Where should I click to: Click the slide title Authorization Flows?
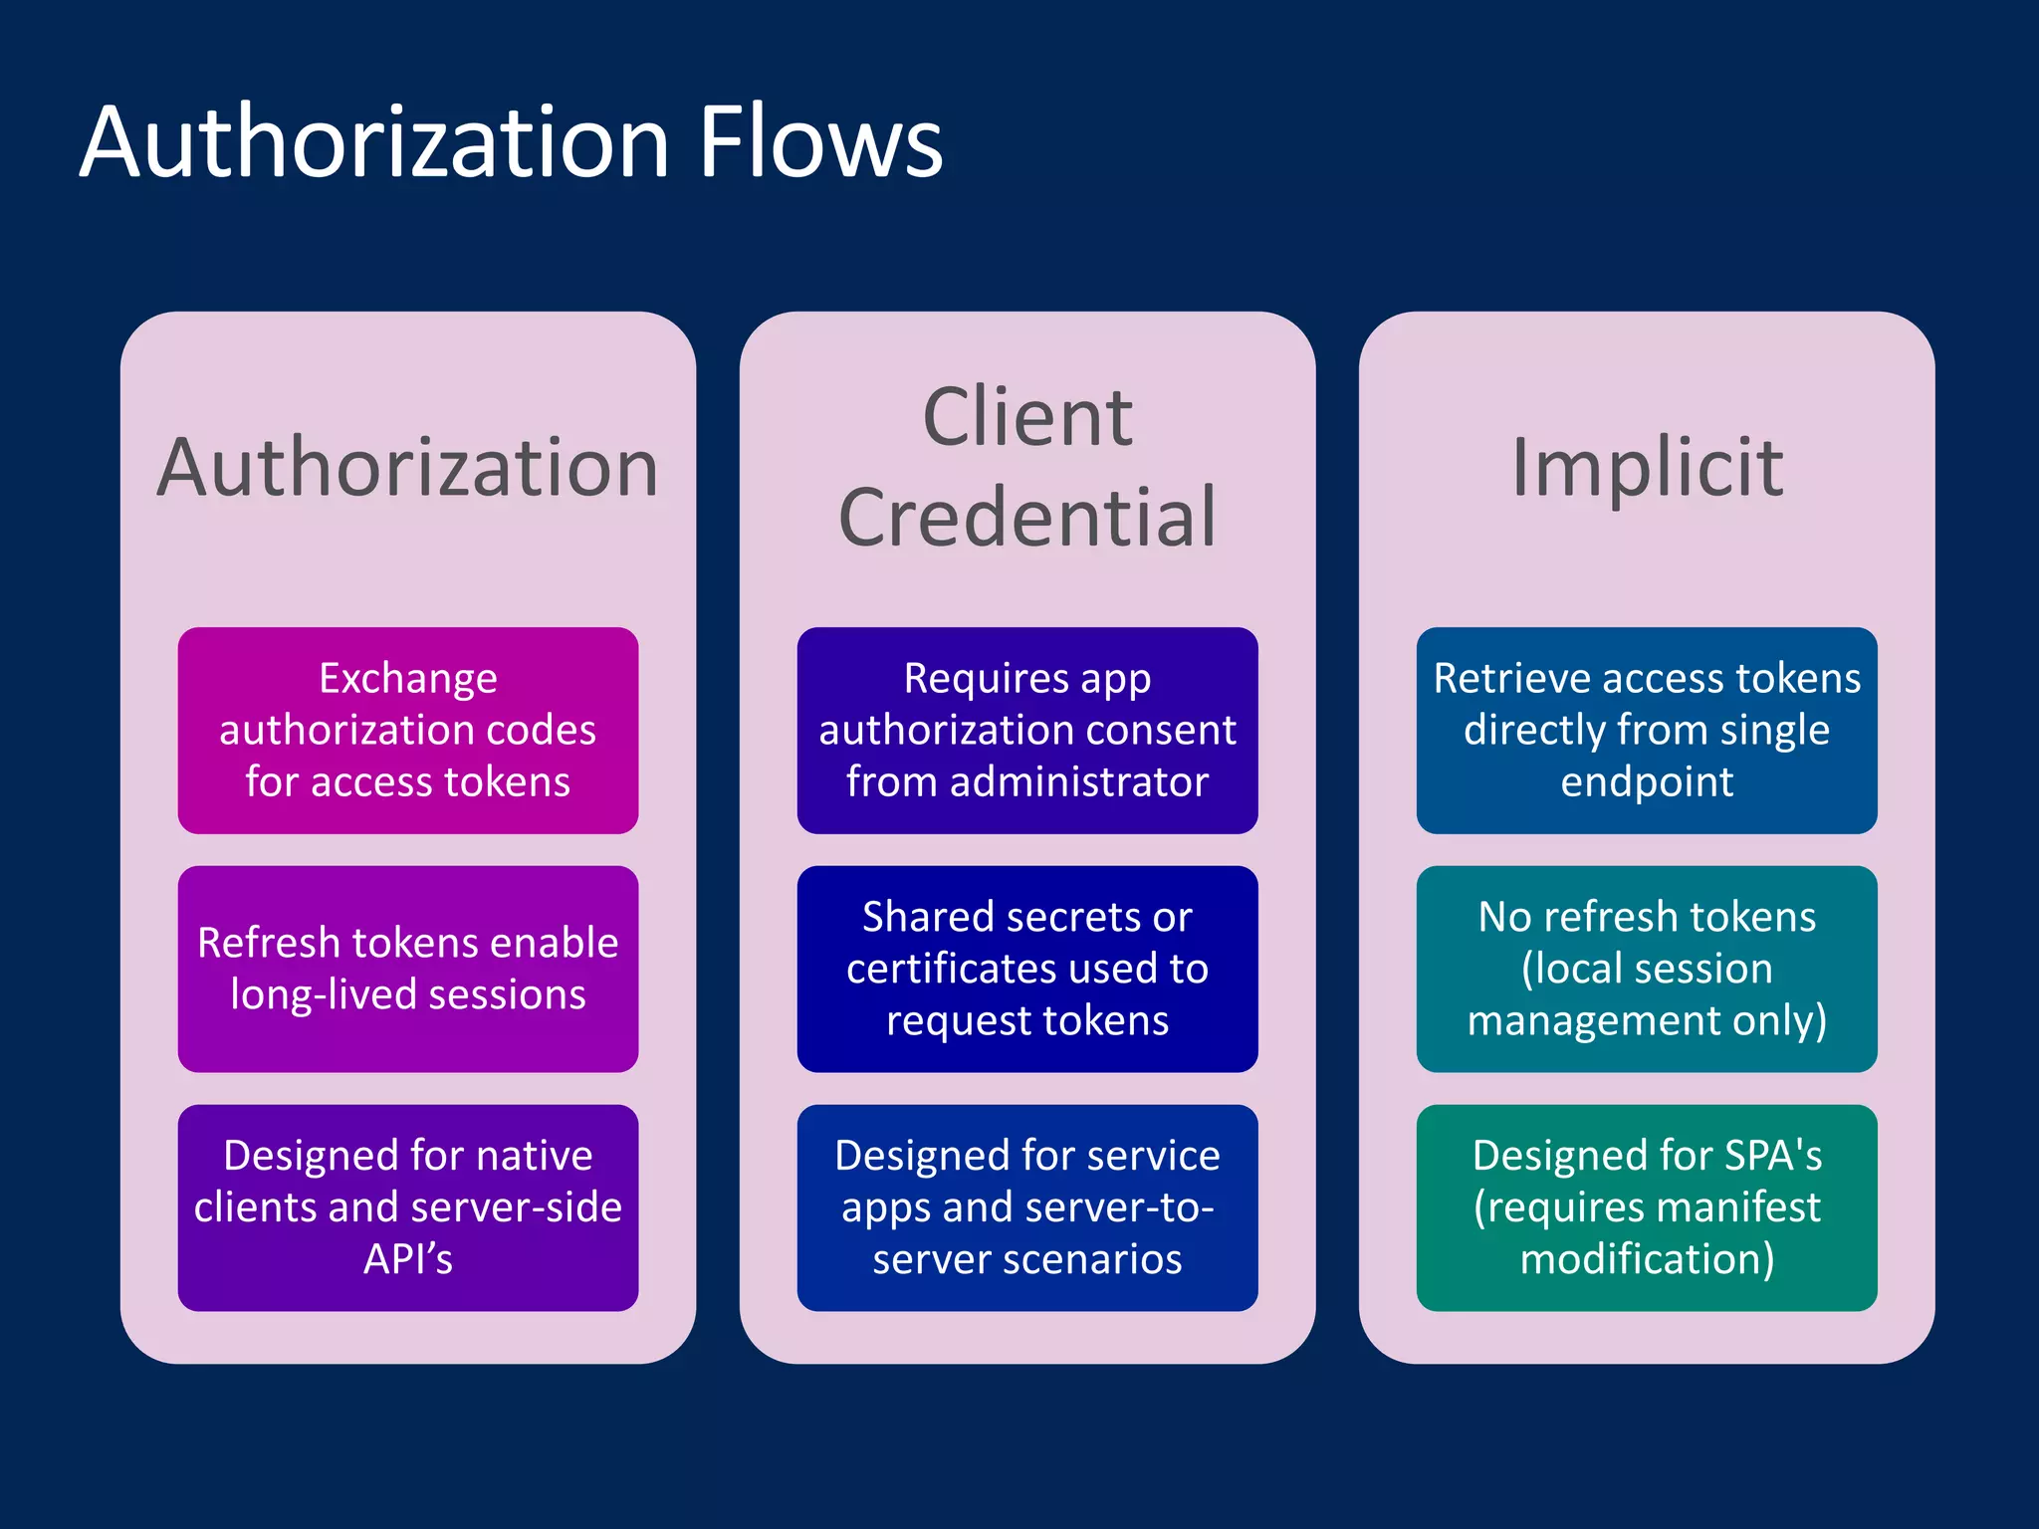point(511,142)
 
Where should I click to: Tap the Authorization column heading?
point(408,467)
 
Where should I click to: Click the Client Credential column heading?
point(1027,467)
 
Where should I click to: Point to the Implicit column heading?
point(1647,467)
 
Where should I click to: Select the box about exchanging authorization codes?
point(408,730)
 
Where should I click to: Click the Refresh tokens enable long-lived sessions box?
point(408,969)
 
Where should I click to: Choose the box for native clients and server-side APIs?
point(408,1207)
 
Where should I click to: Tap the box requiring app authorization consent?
point(1027,730)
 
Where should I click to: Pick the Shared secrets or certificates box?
point(1027,969)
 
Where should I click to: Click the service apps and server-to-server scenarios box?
point(1027,1207)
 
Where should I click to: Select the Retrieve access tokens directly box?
point(1647,730)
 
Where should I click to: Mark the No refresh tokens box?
point(1647,969)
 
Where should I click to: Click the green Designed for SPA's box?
point(1647,1207)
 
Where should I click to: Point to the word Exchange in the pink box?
point(408,679)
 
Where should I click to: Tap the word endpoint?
point(1647,782)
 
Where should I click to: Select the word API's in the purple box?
point(408,1259)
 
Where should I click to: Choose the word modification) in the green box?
point(1647,1259)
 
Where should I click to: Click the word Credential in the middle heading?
point(1027,518)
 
